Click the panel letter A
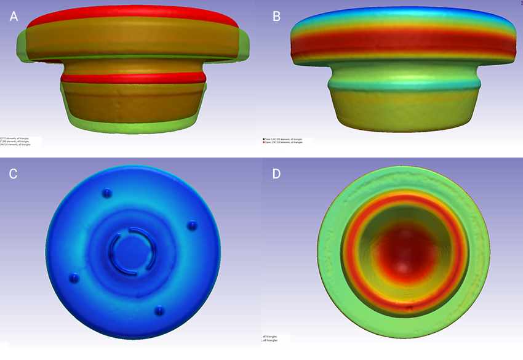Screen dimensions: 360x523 14,17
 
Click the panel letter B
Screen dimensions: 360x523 276,17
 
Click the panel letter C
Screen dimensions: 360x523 14,174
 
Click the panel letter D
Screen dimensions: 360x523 276,174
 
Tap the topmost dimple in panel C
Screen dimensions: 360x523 108,193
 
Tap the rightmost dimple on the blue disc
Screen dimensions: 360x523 191,225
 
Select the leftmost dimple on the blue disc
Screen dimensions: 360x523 75,278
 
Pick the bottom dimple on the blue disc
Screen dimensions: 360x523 159,310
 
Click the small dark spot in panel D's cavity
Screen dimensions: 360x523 409,305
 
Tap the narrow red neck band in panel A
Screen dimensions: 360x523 132,78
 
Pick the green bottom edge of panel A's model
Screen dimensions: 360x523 132,129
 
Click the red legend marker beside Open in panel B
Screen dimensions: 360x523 264,142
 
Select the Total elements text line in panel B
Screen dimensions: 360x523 287,139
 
